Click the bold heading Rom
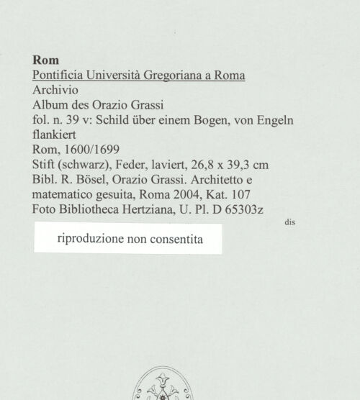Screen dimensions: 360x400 46,60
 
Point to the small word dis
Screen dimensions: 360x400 289,223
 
